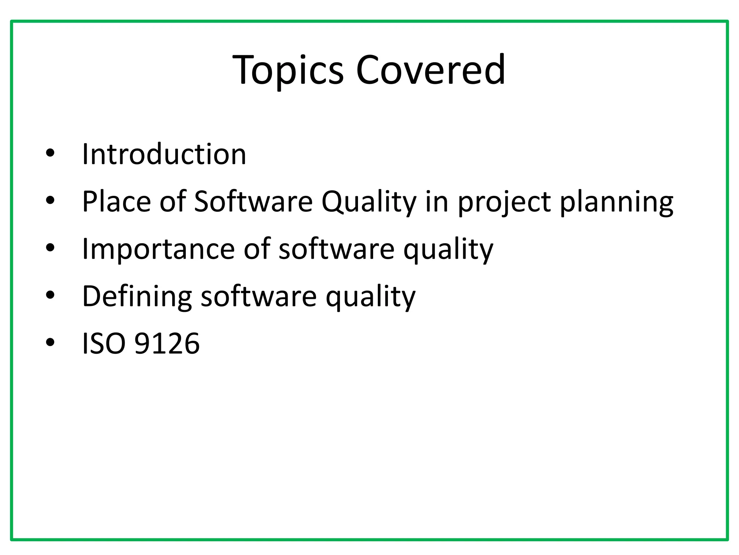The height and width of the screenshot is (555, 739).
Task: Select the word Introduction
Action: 164,154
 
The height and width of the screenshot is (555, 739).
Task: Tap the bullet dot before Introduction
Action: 50,154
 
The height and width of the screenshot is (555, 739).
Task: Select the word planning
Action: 617,202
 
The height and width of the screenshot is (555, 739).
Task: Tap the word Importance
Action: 158,249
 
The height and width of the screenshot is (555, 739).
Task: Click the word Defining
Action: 137,296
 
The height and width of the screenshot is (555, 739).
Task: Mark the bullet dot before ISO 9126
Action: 50,343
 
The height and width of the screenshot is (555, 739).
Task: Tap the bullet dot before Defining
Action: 50,296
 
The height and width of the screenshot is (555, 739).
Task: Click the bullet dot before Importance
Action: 50,248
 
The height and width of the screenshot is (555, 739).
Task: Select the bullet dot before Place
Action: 50,201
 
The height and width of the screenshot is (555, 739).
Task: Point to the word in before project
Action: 437,202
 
